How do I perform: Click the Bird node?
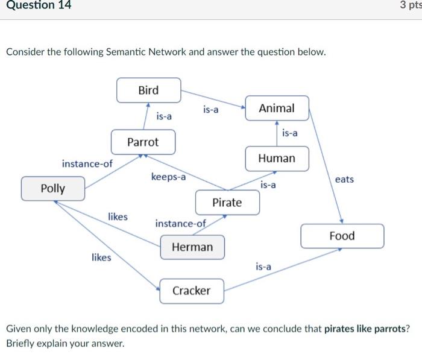pos(148,90)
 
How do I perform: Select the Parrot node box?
pos(143,142)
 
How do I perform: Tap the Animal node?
pos(277,108)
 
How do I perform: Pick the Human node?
pos(277,158)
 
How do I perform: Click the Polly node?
pos(53,188)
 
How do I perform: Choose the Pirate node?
pos(227,203)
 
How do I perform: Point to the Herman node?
pos(192,247)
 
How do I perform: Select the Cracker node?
pos(191,291)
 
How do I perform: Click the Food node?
pos(342,236)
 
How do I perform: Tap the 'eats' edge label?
pos(344,180)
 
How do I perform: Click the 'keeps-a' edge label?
pos(168,177)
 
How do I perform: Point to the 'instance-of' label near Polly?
pos(87,163)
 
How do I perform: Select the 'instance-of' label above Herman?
pos(180,224)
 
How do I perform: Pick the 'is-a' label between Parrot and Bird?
pos(164,116)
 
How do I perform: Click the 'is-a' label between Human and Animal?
pos(290,133)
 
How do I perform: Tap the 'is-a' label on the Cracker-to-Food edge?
pos(263,266)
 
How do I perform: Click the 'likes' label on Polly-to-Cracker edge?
pos(101,257)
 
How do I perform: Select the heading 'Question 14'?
pos(36,5)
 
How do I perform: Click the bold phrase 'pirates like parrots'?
pos(366,329)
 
